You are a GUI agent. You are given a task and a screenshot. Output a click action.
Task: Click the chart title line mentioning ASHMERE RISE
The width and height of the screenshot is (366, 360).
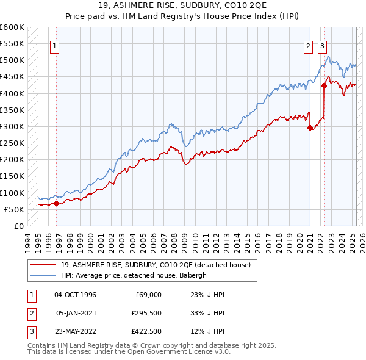tap(183, 5)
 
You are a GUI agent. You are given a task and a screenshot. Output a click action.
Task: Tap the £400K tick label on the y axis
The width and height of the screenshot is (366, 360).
tap(12, 93)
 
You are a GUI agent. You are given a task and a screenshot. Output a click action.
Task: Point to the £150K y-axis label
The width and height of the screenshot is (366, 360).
tap(12, 176)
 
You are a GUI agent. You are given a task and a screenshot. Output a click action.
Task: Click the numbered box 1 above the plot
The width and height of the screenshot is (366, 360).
tap(55, 45)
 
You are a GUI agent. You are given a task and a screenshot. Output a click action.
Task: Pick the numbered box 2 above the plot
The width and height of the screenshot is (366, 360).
tap(309, 45)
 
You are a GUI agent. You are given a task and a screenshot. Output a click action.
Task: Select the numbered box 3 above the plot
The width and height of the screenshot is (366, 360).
tap(322, 45)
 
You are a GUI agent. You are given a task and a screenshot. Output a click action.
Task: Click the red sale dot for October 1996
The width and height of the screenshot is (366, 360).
tap(56, 203)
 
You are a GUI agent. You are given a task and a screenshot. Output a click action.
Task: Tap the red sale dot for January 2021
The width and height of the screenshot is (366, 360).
tap(310, 128)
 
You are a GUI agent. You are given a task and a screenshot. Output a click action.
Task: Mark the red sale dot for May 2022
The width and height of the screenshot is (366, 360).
tap(325, 86)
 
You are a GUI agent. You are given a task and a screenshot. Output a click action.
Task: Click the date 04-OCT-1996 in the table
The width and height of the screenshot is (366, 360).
tap(76, 295)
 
